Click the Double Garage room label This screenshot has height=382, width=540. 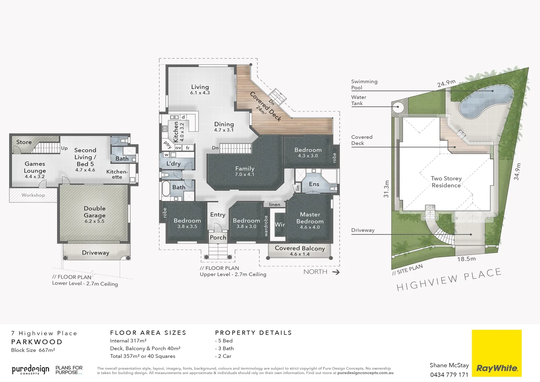94,212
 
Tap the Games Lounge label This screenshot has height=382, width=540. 35,167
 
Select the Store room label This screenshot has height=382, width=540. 24,142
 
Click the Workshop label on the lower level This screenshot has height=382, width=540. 33,195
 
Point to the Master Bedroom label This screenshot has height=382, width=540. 310,218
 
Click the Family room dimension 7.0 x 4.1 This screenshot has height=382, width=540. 245,174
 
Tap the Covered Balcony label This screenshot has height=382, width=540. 300,248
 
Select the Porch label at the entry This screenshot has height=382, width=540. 218,238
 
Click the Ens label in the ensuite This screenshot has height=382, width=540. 314,184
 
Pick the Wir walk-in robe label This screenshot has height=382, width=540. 280,225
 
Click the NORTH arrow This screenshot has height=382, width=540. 336,272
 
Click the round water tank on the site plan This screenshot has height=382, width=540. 397,107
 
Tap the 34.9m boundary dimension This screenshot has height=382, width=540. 517,172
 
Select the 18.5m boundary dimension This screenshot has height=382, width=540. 466,259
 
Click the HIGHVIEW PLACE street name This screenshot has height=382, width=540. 449,279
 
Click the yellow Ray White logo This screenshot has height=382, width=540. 497,353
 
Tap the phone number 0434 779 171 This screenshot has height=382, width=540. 449,375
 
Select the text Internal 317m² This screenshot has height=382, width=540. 128,341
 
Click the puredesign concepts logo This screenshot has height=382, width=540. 30,370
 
